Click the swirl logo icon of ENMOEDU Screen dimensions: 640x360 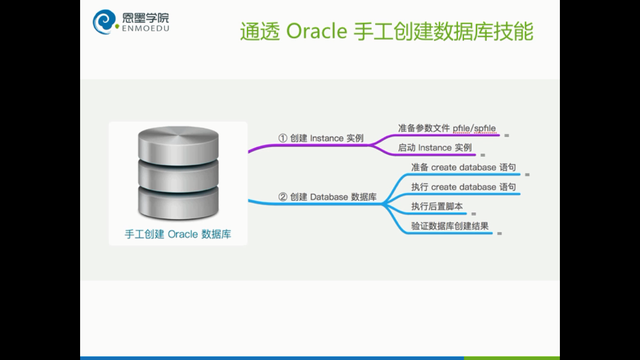(104, 22)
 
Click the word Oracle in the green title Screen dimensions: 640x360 (317, 31)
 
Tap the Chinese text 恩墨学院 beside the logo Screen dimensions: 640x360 (146, 18)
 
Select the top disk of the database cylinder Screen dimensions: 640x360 (179, 145)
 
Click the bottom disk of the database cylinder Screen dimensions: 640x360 (179, 203)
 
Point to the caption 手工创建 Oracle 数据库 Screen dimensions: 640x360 (178, 234)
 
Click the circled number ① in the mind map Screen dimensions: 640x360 (283, 138)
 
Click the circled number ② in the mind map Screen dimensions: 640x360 (283, 197)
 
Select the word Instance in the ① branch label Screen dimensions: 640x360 (327, 138)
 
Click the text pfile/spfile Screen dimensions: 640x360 (474, 128)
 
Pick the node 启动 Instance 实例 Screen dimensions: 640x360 (435, 148)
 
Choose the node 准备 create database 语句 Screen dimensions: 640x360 (463, 167)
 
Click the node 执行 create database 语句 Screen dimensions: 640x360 (463, 187)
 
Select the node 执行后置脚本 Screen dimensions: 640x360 (437, 206)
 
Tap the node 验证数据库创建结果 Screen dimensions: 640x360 (450, 226)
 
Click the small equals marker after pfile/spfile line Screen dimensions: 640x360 (506, 135)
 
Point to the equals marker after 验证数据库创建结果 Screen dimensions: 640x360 (499, 233)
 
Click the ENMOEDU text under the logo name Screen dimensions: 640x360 (146, 28)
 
